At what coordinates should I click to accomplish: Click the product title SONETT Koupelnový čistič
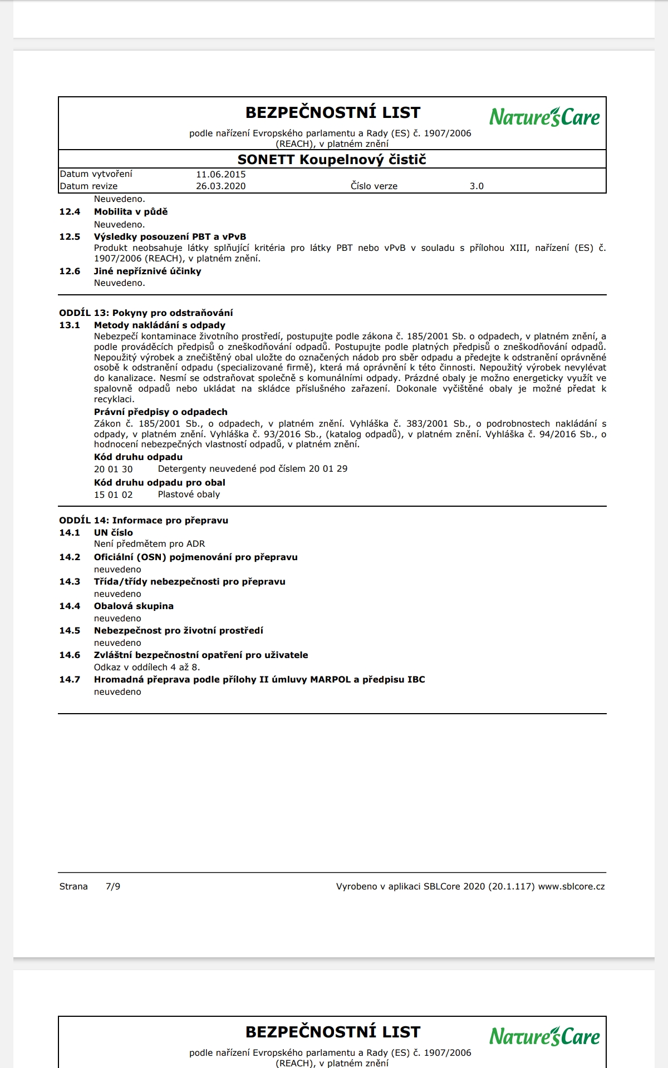(x=332, y=160)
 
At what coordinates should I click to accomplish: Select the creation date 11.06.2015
(x=220, y=174)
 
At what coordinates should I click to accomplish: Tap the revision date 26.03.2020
(x=220, y=186)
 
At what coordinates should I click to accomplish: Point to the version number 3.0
(x=477, y=186)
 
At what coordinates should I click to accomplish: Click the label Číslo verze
(x=374, y=186)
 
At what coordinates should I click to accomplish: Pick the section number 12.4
(x=70, y=211)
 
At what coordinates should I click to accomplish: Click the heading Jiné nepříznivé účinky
(x=148, y=271)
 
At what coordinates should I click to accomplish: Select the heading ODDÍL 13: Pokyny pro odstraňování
(x=146, y=313)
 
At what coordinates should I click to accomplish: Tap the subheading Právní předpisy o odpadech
(x=160, y=412)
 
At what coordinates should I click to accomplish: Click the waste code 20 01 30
(x=113, y=469)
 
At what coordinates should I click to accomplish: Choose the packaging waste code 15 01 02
(x=113, y=495)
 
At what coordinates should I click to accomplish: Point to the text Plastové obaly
(x=189, y=494)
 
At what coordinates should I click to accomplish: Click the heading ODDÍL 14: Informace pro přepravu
(x=144, y=520)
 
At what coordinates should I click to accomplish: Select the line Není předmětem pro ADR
(x=149, y=543)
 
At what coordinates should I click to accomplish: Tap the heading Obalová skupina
(x=134, y=606)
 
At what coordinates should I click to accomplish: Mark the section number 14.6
(x=70, y=655)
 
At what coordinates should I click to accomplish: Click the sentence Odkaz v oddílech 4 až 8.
(x=147, y=667)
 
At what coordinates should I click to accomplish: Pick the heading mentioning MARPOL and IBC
(x=259, y=679)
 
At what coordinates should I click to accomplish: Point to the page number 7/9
(x=113, y=886)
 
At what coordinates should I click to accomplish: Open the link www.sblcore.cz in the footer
(x=571, y=886)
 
